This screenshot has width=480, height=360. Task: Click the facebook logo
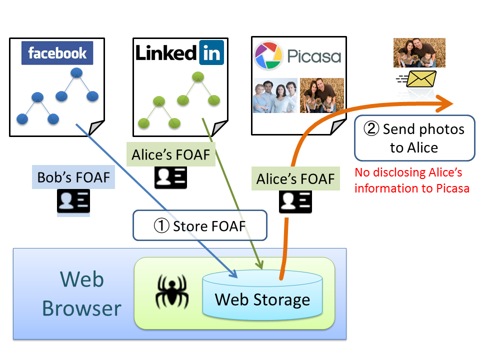[57, 53]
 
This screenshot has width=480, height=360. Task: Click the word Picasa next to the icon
[313, 55]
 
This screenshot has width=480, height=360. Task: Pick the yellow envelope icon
[420, 79]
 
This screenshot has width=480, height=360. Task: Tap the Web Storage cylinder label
[262, 299]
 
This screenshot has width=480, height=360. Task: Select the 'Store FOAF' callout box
[200, 226]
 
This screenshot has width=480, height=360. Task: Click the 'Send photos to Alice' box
[414, 138]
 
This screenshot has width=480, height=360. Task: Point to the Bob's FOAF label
[73, 177]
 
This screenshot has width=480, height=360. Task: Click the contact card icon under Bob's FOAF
[73, 201]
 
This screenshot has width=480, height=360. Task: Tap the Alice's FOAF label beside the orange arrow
[295, 179]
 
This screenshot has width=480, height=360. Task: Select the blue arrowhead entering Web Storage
[233, 273]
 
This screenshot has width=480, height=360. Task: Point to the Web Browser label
[81, 294]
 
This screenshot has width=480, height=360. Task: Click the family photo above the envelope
[419, 53]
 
